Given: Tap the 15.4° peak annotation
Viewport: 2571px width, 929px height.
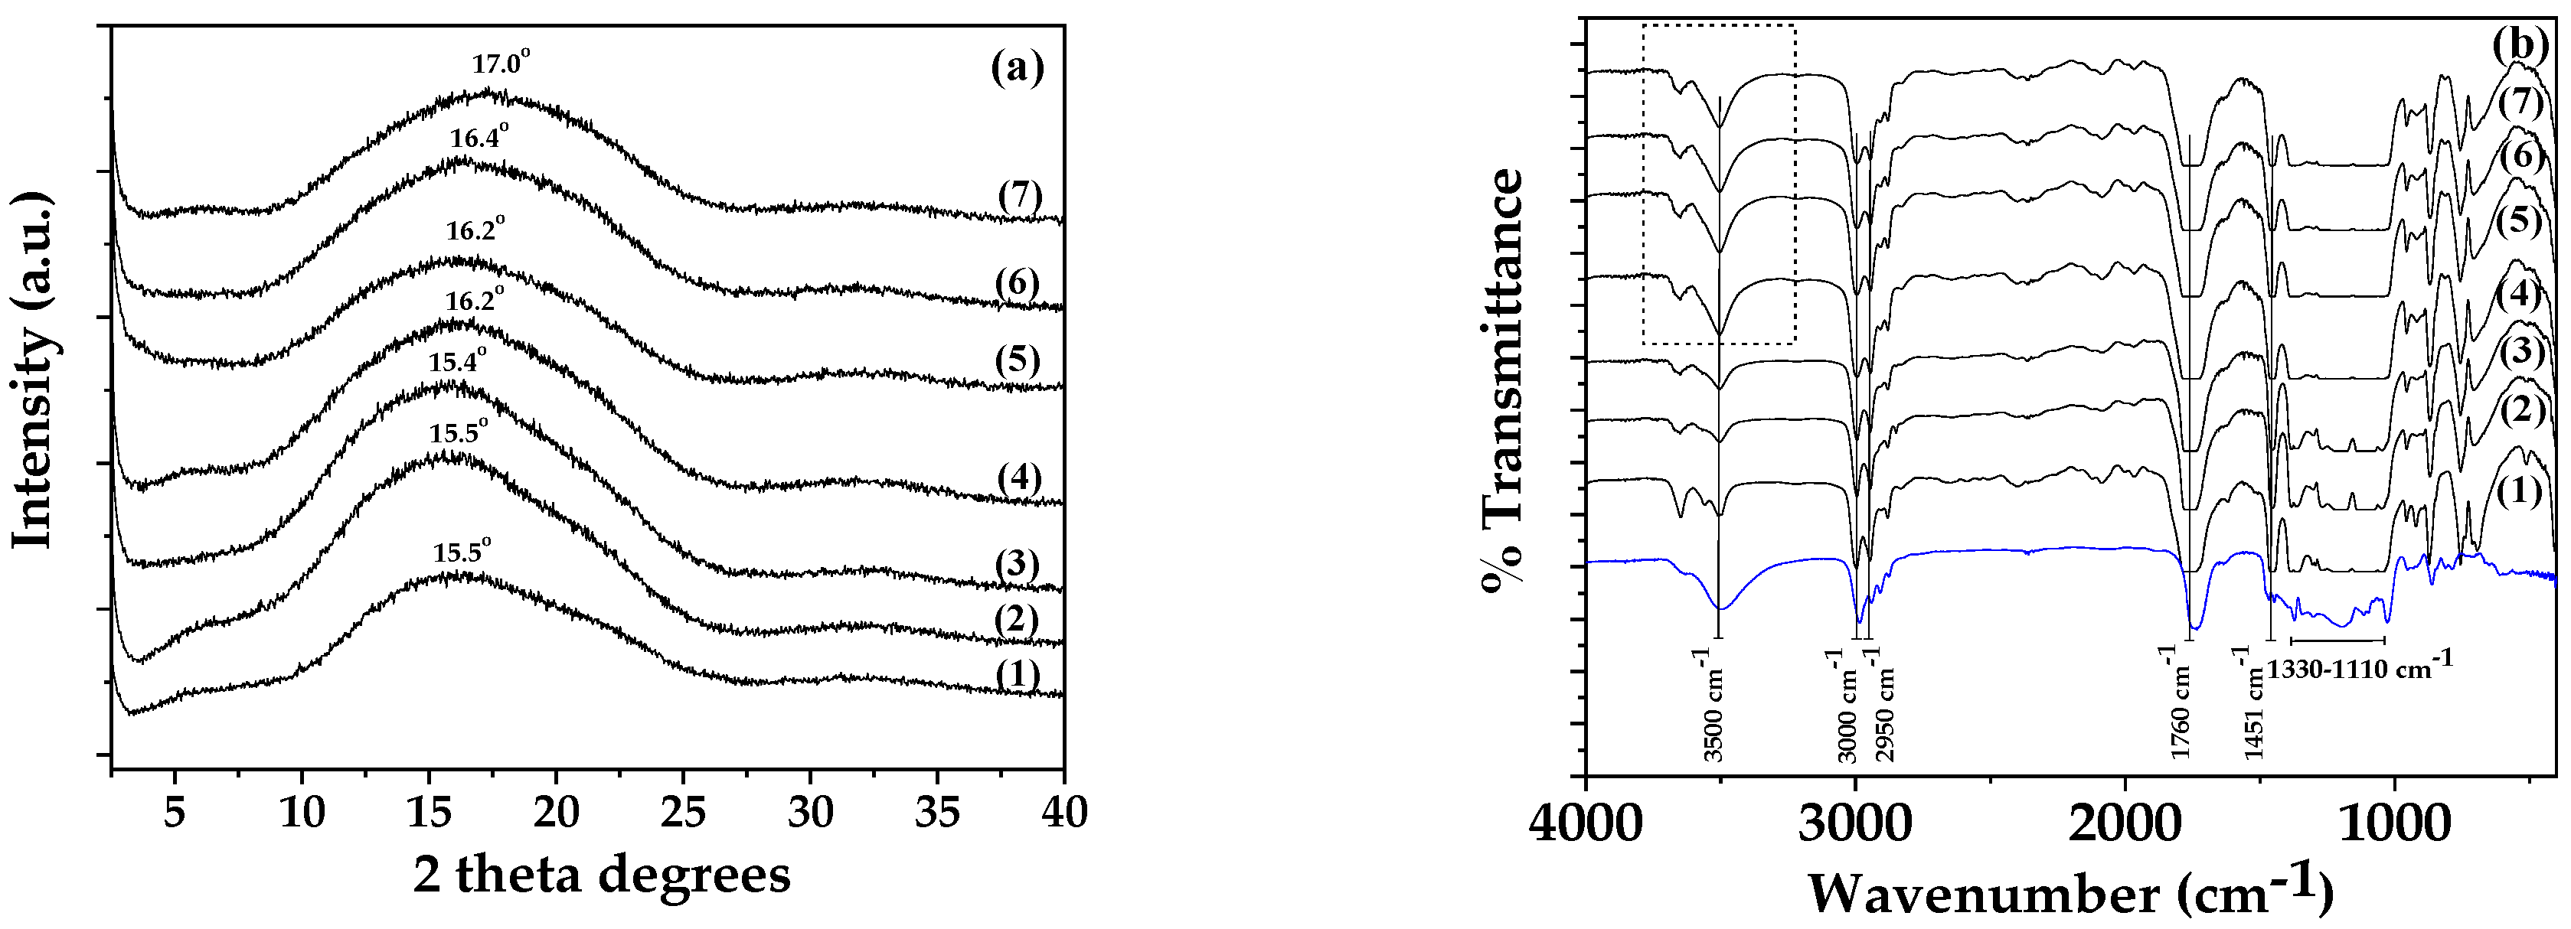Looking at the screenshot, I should click(457, 361).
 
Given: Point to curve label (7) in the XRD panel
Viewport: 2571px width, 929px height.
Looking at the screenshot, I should click(1020, 197).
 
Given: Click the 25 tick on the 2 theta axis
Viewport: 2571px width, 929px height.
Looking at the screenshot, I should click(684, 813).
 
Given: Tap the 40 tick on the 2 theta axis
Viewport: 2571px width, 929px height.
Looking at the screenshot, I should click(1064, 813).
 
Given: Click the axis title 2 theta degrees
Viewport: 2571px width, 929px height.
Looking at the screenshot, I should click(602, 874).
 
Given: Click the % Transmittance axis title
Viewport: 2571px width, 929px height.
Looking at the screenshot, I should click(1503, 382).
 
